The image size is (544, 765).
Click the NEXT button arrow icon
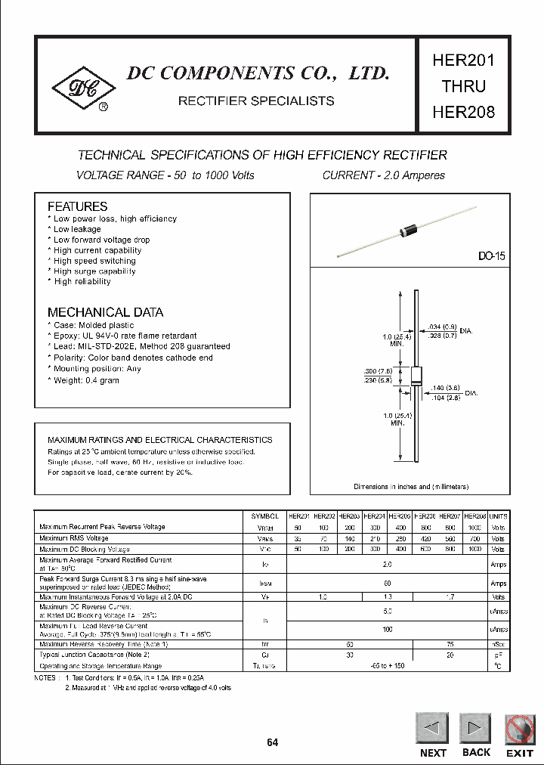432,729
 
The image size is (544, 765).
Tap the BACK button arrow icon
475,729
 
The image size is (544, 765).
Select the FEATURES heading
77,206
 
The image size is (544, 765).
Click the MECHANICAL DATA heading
105,312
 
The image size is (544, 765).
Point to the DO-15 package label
490,256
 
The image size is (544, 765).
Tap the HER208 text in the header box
463,112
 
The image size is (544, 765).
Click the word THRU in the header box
463,86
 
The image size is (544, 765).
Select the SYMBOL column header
264,516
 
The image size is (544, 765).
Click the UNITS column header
498,516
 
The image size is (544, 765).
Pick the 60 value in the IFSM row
387,583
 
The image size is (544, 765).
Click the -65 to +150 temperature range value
387,665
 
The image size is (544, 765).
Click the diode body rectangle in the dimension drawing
415,378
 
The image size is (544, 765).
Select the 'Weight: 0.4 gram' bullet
86,380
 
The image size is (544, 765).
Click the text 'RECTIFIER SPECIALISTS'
255,101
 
